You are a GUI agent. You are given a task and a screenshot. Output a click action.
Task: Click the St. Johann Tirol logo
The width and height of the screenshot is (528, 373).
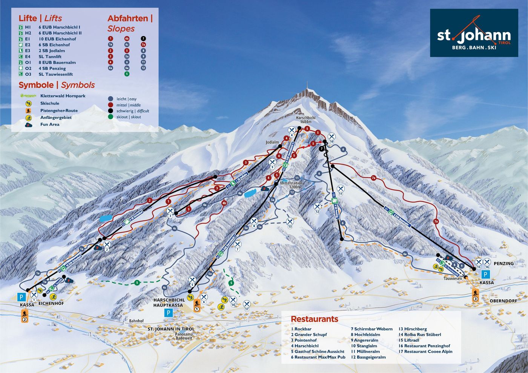coord(474,33)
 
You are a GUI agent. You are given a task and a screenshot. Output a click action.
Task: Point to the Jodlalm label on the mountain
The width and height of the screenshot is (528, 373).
coord(272,143)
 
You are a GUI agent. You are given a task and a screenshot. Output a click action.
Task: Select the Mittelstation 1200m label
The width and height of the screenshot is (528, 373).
coord(291,185)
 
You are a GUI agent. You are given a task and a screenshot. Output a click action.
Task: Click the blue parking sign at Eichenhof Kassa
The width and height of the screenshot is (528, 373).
coord(22,297)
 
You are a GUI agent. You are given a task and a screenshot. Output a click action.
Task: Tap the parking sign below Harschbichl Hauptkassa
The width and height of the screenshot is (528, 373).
coord(169,313)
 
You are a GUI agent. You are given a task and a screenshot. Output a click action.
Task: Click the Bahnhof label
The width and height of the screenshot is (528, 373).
coord(136,321)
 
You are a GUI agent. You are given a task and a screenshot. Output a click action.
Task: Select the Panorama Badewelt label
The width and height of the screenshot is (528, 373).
coord(184,336)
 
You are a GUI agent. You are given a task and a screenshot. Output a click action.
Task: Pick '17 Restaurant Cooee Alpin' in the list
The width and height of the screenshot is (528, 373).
coord(425,352)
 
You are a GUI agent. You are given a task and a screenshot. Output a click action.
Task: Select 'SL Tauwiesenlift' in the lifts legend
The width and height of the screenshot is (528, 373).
coord(55,74)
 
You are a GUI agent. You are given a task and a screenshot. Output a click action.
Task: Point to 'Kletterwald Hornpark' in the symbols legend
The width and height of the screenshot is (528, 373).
coord(63,96)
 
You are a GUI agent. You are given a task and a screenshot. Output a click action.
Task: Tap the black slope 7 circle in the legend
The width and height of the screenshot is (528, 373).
coord(143,38)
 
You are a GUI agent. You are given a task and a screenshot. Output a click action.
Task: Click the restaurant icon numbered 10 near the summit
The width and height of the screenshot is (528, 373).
coord(332,137)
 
